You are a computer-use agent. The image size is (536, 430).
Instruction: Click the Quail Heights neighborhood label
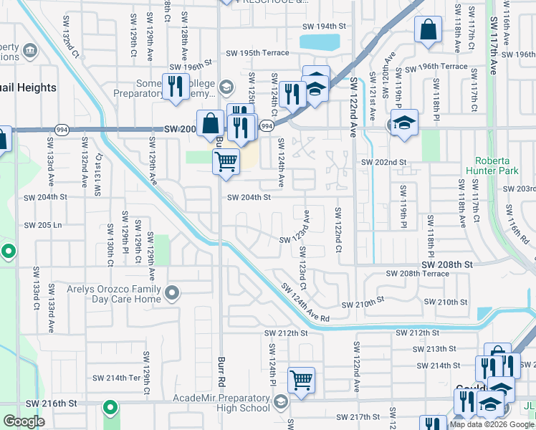tap(29, 87)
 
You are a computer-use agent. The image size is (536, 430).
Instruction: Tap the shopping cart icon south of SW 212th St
tap(301, 379)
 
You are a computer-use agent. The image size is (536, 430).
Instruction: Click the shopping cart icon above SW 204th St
tap(226, 162)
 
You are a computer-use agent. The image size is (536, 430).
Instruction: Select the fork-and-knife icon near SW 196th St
tap(175, 87)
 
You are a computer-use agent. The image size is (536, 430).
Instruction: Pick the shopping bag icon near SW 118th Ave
tap(428, 31)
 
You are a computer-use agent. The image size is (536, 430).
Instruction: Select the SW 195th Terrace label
tap(258, 53)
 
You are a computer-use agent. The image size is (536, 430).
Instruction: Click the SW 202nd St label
tap(383, 162)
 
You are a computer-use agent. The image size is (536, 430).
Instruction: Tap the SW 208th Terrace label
tap(416, 274)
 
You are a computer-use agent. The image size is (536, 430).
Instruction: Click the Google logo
tap(24, 421)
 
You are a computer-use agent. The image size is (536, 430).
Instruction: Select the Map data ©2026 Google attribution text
tap(492, 424)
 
